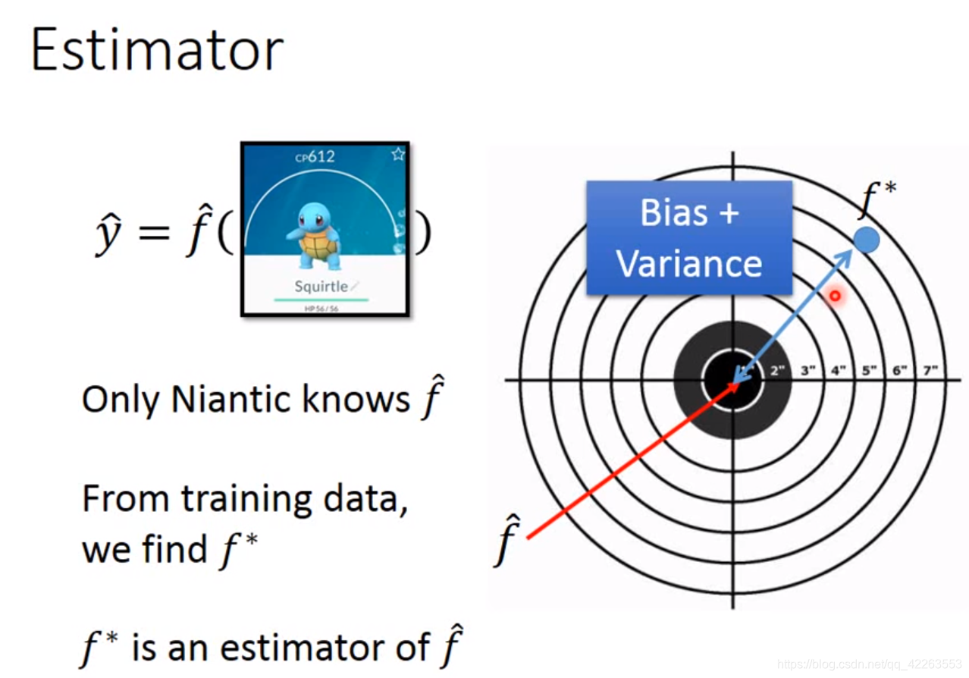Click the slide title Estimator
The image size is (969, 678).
[157, 50]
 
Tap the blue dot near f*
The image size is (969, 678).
[867, 240]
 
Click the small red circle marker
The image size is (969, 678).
[835, 296]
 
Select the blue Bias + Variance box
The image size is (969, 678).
[688, 237]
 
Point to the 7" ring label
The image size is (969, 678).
[930, 371]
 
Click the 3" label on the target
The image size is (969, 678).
[807, 371]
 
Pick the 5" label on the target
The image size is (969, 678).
[869, 371]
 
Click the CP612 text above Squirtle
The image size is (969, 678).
[315, 157]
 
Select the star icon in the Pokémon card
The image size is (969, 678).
[398, 155]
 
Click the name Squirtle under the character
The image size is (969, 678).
[321, 286]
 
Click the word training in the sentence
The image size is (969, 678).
[245, 499]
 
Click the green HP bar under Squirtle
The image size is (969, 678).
[321, 300]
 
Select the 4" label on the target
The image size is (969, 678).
[838, 371]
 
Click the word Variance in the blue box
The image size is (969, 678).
[688, 263]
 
